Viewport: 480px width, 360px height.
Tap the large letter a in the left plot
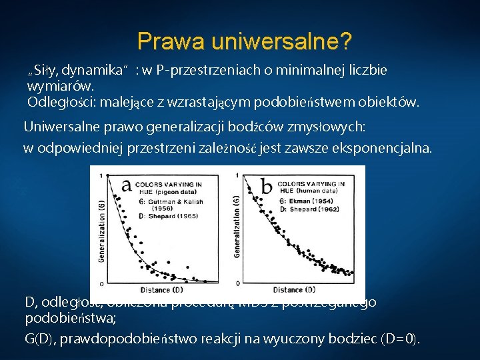click(125, 186)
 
